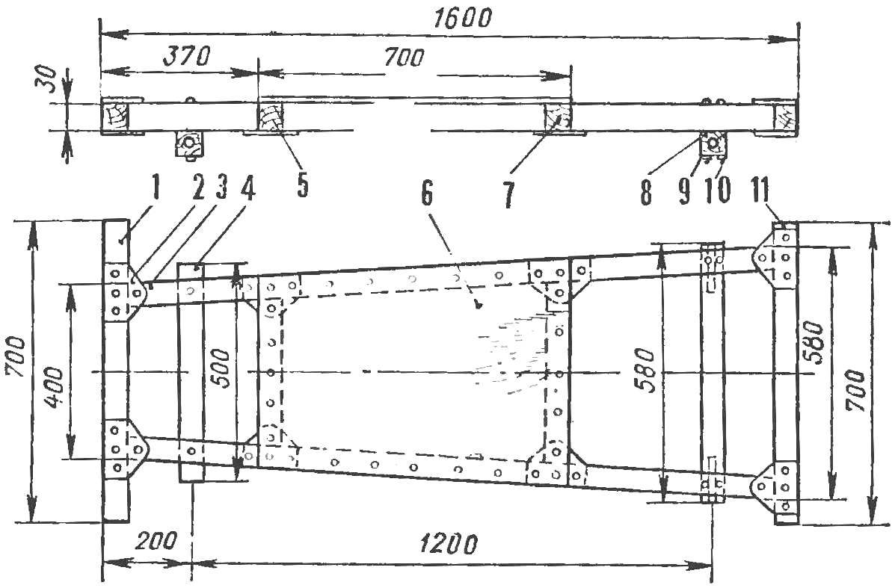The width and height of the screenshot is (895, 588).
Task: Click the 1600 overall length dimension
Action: click(x=462, y=18)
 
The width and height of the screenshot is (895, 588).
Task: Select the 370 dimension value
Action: click(x=187, y=56)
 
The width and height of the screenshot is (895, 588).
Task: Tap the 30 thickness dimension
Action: click(x=52, y=78)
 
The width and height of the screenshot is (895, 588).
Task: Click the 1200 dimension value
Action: click(x=447, y=544)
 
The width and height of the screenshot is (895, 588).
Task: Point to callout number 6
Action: click(x=427, y=194)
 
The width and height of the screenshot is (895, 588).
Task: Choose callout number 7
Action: click(x=508, y=195)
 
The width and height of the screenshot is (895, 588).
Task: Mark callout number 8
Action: click(x=646, y=192)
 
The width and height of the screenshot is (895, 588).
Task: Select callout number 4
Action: click(x=247, y=189)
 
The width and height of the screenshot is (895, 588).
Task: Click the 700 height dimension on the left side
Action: click(x=16, y=356)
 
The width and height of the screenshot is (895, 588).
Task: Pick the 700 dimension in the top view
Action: click(x=404, y=58)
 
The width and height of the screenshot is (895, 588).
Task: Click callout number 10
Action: click(x=718, y=192)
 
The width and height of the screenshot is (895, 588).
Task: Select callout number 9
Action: click(x=684, y=192)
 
